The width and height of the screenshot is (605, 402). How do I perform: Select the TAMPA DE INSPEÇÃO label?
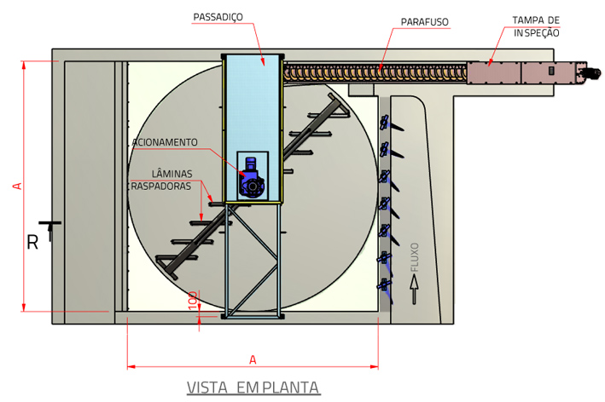pos(536,26)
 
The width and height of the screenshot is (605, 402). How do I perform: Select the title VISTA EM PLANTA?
pos(253,388)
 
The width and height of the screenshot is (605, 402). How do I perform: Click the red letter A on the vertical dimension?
pos(17,186)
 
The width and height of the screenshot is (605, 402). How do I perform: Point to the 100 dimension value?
pos(193,299)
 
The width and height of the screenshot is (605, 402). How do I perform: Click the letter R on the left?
pos(32,243)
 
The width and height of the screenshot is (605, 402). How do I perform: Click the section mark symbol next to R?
pos(50,227)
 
